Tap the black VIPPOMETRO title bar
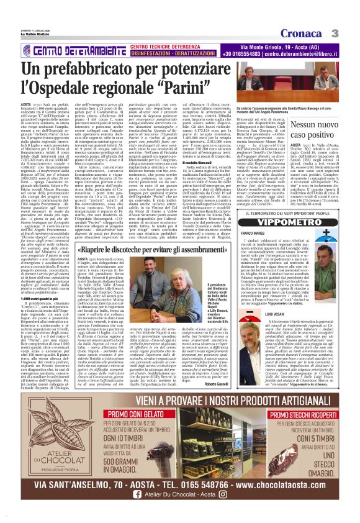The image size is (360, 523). click(294, 221)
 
